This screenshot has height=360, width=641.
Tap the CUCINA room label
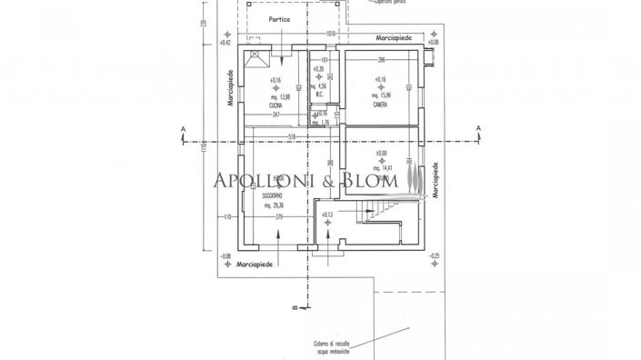(275, 106)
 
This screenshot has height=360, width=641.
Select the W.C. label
(318, 94)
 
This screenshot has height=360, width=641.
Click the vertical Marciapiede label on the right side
(436, 181)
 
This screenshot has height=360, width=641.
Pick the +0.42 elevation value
(225, 43)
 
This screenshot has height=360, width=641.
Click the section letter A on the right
(478, 130)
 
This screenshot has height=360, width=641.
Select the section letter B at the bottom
(295, 309)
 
